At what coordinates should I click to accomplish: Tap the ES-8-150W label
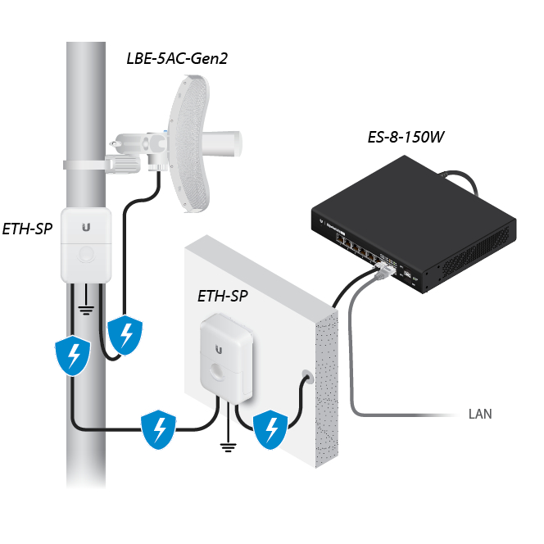(406, 136)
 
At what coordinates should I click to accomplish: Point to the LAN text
(480, 414)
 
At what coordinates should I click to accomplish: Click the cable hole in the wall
(307, 378)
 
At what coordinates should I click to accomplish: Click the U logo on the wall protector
(219, 347)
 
